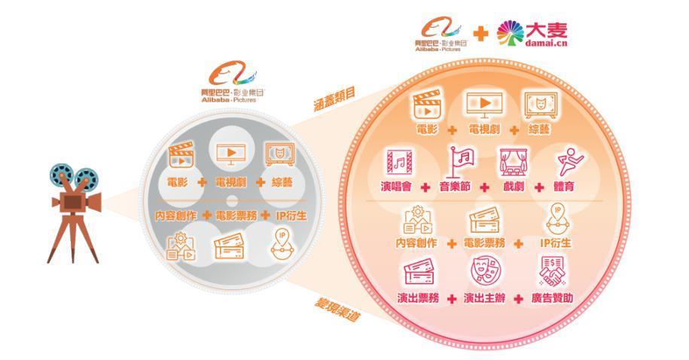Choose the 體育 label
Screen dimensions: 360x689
click(563, 187)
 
